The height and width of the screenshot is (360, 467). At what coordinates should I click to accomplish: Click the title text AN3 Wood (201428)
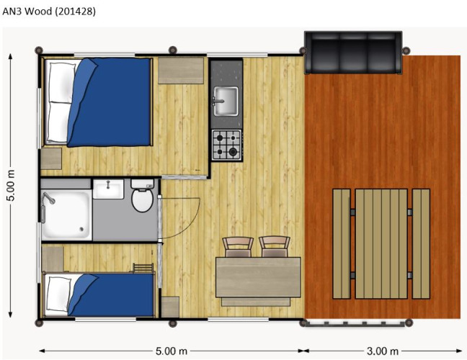point(49,12)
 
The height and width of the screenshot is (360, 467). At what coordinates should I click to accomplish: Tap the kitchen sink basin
point(226,101)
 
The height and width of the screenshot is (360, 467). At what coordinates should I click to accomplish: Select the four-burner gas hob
point(226,145)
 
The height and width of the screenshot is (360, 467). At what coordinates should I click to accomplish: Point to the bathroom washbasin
point(108,189)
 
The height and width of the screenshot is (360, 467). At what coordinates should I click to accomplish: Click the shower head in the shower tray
point(49,197)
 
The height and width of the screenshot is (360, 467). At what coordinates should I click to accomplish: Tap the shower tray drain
point(81,229)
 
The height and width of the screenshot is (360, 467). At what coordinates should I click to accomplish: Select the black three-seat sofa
point(353,53)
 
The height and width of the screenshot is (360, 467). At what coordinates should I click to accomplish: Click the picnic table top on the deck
point(381,243)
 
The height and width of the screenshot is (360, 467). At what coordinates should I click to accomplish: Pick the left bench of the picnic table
point(342,243)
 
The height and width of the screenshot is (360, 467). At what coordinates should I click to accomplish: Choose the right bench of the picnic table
point(421,243)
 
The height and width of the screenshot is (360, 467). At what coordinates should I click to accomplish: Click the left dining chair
point(238,247)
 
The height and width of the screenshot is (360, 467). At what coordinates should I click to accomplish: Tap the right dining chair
point(275,247)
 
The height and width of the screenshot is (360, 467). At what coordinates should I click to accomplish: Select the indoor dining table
point(258,277)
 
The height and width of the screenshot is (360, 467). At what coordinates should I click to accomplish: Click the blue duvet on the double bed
point(110,102)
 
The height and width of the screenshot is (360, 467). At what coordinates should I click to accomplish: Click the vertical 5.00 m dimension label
point(11,185)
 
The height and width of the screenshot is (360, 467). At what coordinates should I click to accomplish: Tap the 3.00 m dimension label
point(383,351)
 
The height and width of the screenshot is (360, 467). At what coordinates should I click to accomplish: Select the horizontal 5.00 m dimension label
point(172,351)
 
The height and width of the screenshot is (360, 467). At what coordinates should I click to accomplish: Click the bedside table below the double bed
point(51,158)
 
